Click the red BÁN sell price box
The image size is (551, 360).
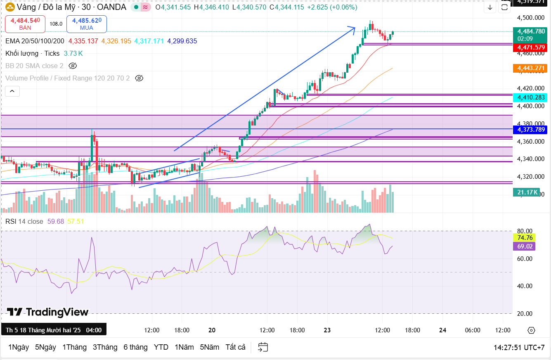pyautogui.click(x=25, y=24)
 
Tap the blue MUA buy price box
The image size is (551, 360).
pyautogui.click(x=86, y=24)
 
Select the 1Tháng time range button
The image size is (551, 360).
pyautogui.click(x=74, y=347)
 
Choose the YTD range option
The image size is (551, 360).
pyautogui.click(x=161, y=347)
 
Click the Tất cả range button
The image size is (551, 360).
pyautogui.click(x=235, y=347)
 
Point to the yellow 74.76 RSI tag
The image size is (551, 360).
pyautogui.click(x=524, y=237)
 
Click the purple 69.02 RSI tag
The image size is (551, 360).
pyautogui.click(x=524, y=246)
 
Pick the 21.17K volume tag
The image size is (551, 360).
pyautogui.click(x=526, y=192)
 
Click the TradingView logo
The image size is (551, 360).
pyautogui.click(x=47, y=312)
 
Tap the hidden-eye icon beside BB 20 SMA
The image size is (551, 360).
pyautogui.click(x=73, y=66)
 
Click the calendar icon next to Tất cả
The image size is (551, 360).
pyautogui.click(x=263, y=347)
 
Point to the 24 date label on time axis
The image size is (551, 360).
pyautogui.click(x=443, y=330)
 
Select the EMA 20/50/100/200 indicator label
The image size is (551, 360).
pyautogui.click(x=35, y=41)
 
